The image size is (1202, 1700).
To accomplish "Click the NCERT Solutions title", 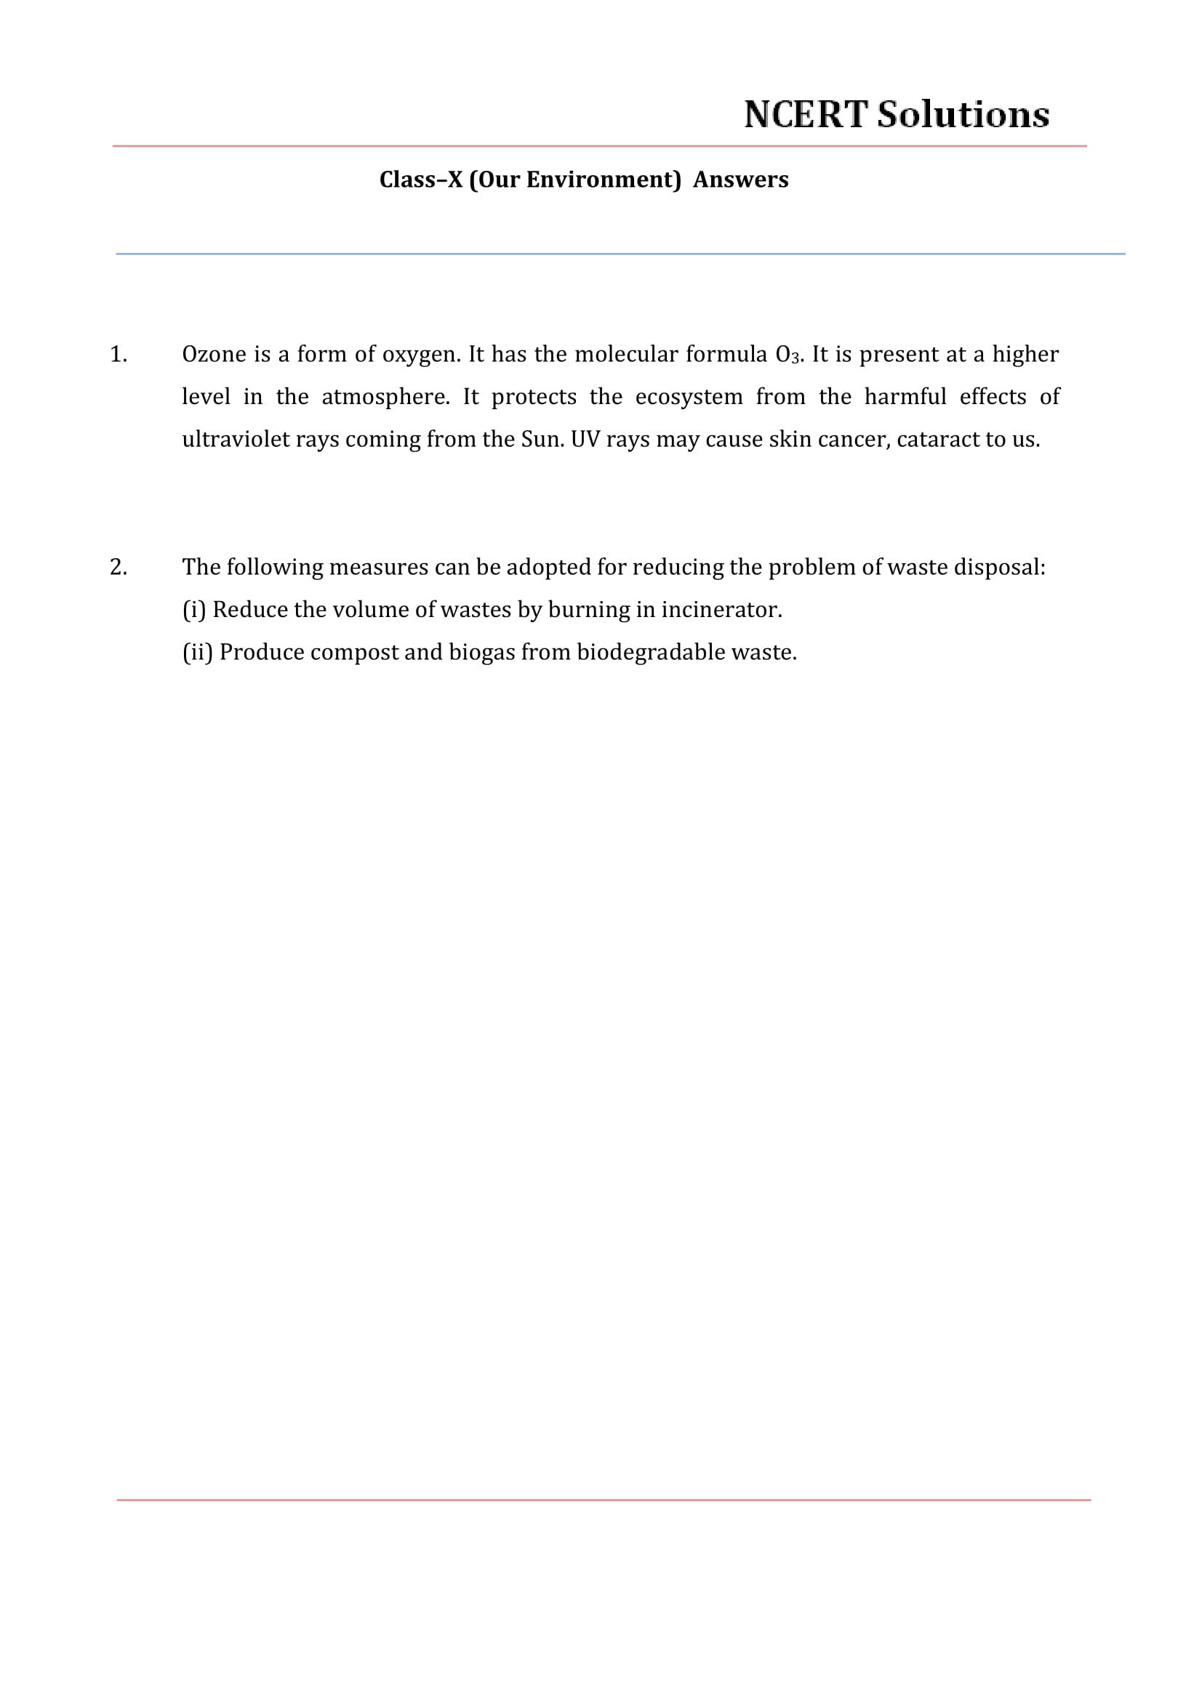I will tap(896, 115).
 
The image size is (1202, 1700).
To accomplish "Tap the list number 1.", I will tap(118, 355).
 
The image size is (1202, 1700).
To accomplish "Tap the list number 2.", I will tap(118, 567).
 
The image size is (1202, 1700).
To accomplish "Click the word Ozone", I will tap(214, 355).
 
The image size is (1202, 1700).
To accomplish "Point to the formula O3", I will tap(788, 355).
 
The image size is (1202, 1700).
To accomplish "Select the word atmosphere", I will tap(385, 398).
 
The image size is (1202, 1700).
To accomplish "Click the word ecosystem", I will tap(689, 398).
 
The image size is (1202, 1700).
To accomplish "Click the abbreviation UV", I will tap(585, 440).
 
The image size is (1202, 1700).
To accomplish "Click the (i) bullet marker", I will tap(193, 610).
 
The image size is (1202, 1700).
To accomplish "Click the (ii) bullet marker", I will tap(197, 652).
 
